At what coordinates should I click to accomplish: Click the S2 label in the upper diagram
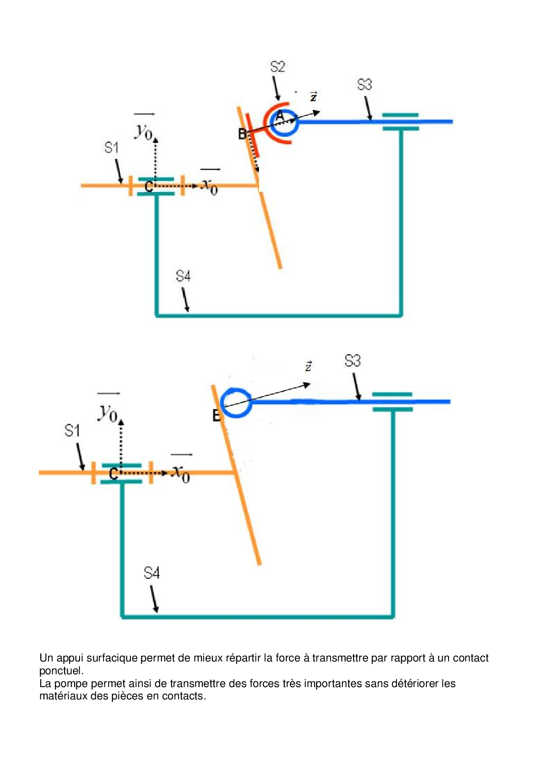278,67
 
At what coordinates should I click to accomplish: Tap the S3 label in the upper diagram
365,84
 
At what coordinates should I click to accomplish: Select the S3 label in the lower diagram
352,361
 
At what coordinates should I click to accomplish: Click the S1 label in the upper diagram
111,148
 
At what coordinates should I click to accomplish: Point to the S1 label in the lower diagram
72,430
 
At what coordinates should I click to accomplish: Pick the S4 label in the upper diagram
183,277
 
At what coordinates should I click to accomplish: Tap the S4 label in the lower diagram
152,573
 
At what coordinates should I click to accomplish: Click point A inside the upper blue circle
280,116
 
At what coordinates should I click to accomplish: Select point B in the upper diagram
242,133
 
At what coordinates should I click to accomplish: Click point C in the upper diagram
149,187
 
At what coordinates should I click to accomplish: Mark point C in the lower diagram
114,474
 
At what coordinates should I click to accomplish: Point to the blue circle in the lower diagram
236,403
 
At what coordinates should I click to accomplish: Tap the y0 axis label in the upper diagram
144,131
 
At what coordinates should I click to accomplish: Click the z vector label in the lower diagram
308,366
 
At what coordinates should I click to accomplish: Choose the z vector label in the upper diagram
313,97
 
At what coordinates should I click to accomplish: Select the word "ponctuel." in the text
61,671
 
